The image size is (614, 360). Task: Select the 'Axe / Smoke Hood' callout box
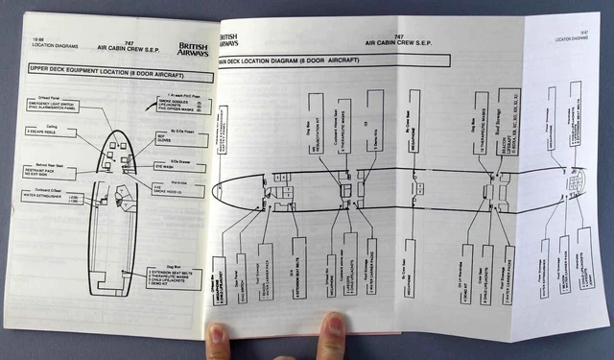point(173,190)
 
